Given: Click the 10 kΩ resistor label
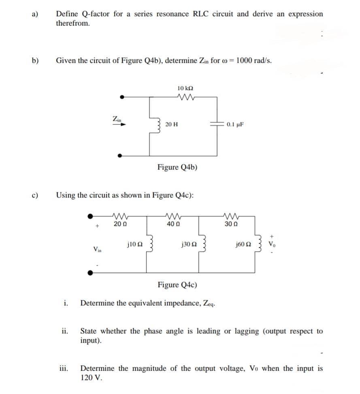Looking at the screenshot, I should [x=185, y=88].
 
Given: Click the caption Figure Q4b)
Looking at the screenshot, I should [x=177, y=167].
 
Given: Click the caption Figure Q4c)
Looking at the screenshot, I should [x=177, y=284].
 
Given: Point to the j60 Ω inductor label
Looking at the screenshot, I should [x=243, y=244].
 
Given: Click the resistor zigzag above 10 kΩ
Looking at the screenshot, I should [x=185, y=97].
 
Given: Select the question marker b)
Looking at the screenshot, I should [x=36, y=61].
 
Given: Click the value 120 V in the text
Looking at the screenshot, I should [x=91, y=378].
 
